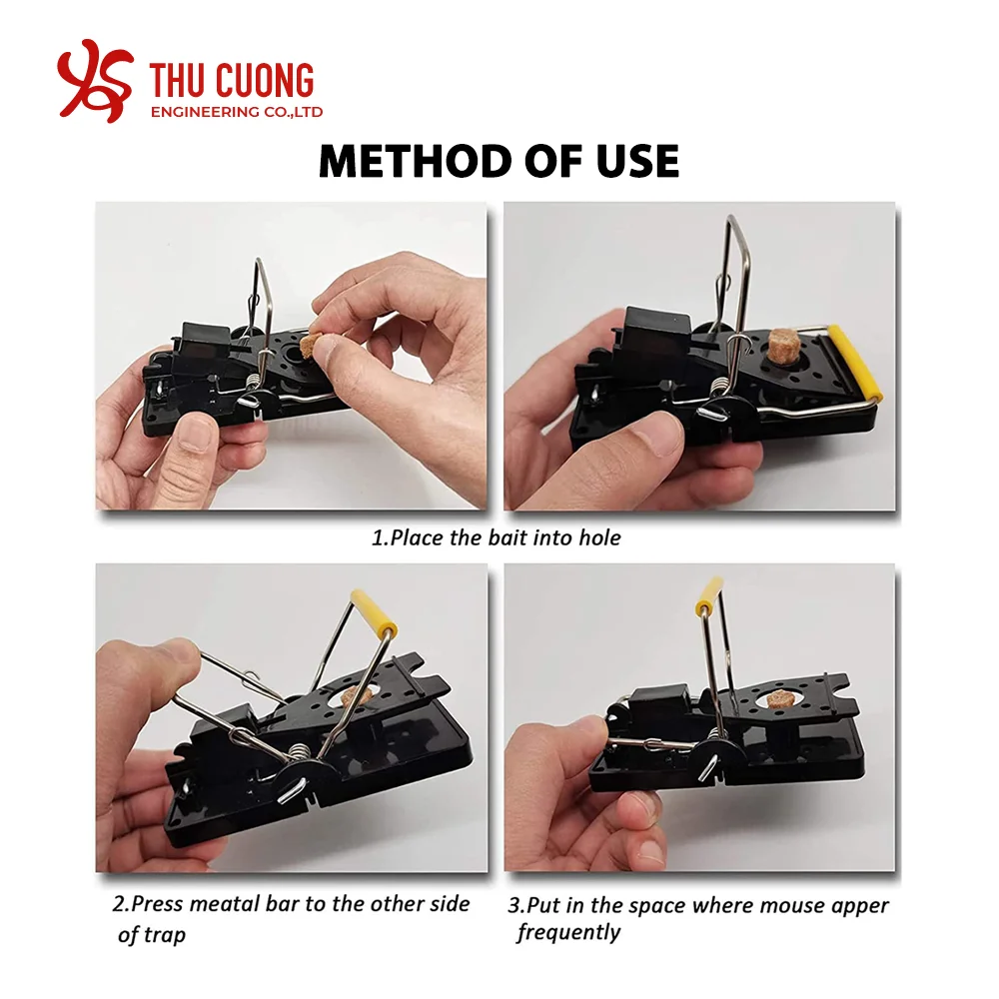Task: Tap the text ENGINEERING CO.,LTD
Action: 236,112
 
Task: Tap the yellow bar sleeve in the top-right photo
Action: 863,364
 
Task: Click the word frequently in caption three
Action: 568,933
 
